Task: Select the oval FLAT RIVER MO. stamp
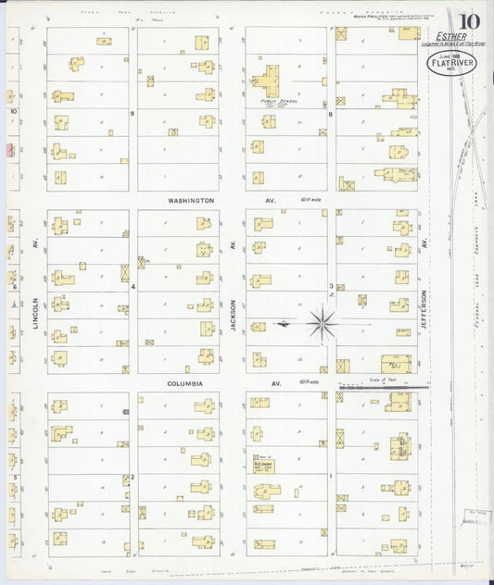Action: [x=449, y=65]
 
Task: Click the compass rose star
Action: [x=322, y=323]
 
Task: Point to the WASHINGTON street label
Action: [x=192, y=200]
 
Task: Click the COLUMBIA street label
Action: [x=185, y=382]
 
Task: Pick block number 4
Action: [x=133, y=287]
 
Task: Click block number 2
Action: [x=133, y=477]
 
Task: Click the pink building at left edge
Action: [x=8, y=149]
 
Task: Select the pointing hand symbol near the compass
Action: [x=283, y=324]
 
